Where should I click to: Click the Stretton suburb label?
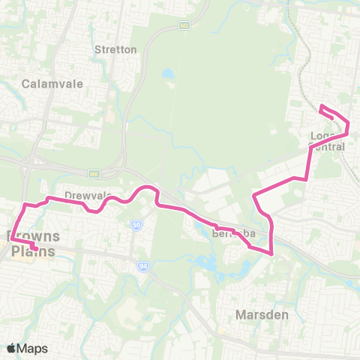(x=115, y=49)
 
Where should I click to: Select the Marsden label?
(x=262, y=314)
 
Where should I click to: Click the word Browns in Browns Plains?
(x=34, y=238)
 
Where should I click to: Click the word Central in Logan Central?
(x=328, y=147)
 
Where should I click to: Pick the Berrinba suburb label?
(x=235, y=233)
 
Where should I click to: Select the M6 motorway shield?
(x=94, y=174)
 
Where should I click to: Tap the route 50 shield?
(x=136, y=224)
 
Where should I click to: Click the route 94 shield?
(x=142, y=265)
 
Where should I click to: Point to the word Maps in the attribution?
(x=33, y=348)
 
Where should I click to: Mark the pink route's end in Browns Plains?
(x=34, y=248)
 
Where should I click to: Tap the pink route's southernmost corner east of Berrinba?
(x=271, y=253)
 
